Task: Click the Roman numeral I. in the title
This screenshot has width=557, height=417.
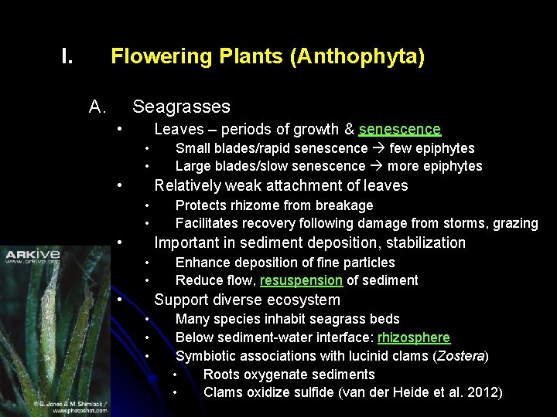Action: [x=67, y=56]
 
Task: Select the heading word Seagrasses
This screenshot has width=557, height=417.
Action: [x=181, y=107]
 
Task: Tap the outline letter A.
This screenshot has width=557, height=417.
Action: [x=97, y=107]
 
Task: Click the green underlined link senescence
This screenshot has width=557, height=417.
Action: [x=399, y=129]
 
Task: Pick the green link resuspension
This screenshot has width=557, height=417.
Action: [x=301, y=280]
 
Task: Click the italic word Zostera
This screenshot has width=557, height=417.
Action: [x=461, y=356]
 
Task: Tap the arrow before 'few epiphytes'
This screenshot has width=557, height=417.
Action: [x=378, y=148]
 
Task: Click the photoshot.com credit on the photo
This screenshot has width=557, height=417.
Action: [x=80, y=409]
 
